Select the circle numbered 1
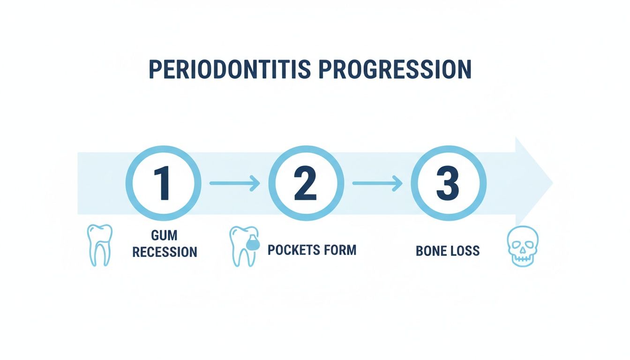[x=164, y=183]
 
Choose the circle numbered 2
[x=306, y=183]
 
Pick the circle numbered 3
[x=448, y=183]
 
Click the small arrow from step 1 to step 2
[x=234, y=183]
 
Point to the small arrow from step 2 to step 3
[x=377, y=183]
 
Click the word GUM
[x=165, y=235]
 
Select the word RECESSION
[x=165, y=252]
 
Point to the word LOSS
[x=464, y=251]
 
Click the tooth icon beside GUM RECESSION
[x=100, y=244]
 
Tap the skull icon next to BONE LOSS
[x=523, y=246]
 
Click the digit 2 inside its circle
[x=306, y=183]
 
